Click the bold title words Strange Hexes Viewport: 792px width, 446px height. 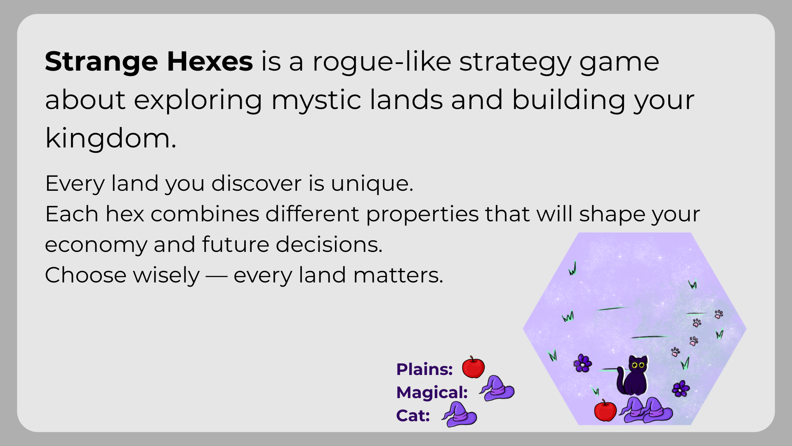tap(149, 62)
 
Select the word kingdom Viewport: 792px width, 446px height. tap(111, 138)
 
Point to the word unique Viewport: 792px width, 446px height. tap(372, 184)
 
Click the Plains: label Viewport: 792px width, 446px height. tap(424, 369)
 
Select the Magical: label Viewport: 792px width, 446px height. tap(432, 392)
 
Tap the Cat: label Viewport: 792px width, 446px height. tap(413, 415)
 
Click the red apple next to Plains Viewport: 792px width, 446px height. tap(473, 367)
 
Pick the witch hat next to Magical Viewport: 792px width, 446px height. tap(497, 388)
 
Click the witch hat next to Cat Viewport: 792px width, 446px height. tap(459, 414)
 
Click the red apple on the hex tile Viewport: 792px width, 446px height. tap(605, 410)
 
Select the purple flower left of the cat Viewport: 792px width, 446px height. tap(582, 363)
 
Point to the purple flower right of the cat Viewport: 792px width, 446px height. tap(681, 389)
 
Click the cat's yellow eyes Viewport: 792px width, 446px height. tap(638, 365)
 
